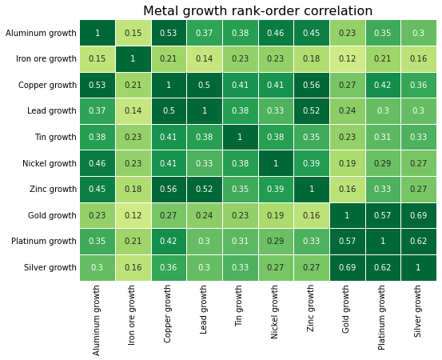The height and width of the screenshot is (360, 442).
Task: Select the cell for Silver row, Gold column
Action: [x=347, y=267]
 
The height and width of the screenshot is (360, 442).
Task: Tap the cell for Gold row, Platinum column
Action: [x=383, y=215]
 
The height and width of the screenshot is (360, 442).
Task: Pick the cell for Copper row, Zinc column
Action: [x=312, y=85]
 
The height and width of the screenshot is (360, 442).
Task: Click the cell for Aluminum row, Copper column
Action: [x=169, y=33]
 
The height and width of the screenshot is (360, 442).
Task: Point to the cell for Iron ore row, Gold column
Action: [x=347, y=59]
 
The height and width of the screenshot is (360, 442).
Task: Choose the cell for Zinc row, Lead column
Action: [x=205, y=189]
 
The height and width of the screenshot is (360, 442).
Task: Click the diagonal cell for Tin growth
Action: [x=240, y=137]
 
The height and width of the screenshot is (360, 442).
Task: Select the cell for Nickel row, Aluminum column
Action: [x=98, y=163]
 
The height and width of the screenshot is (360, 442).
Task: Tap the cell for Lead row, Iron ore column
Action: [x=133, y=111]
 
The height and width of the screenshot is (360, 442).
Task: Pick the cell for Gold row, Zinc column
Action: [x=312, y=215]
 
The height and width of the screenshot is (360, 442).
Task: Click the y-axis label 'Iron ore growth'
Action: [x=46, y=59]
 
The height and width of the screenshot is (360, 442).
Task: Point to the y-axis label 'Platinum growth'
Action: [x=45, y=241]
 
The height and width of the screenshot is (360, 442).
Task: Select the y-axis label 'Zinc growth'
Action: [x=54, y=189]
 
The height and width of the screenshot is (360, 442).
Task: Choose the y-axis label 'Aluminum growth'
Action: [x=41, y=33]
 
